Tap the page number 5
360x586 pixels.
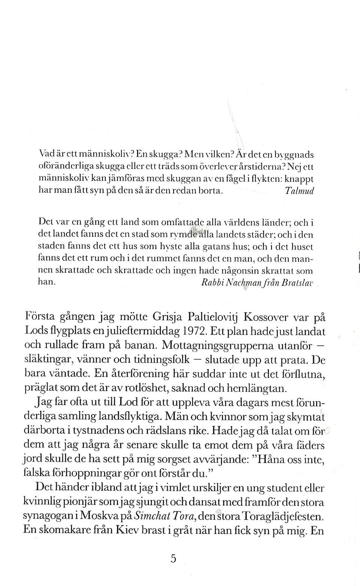click(x=173, y=559)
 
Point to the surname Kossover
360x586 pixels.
click(x=266, y=317)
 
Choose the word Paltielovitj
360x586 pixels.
click(x=213, y=318)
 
